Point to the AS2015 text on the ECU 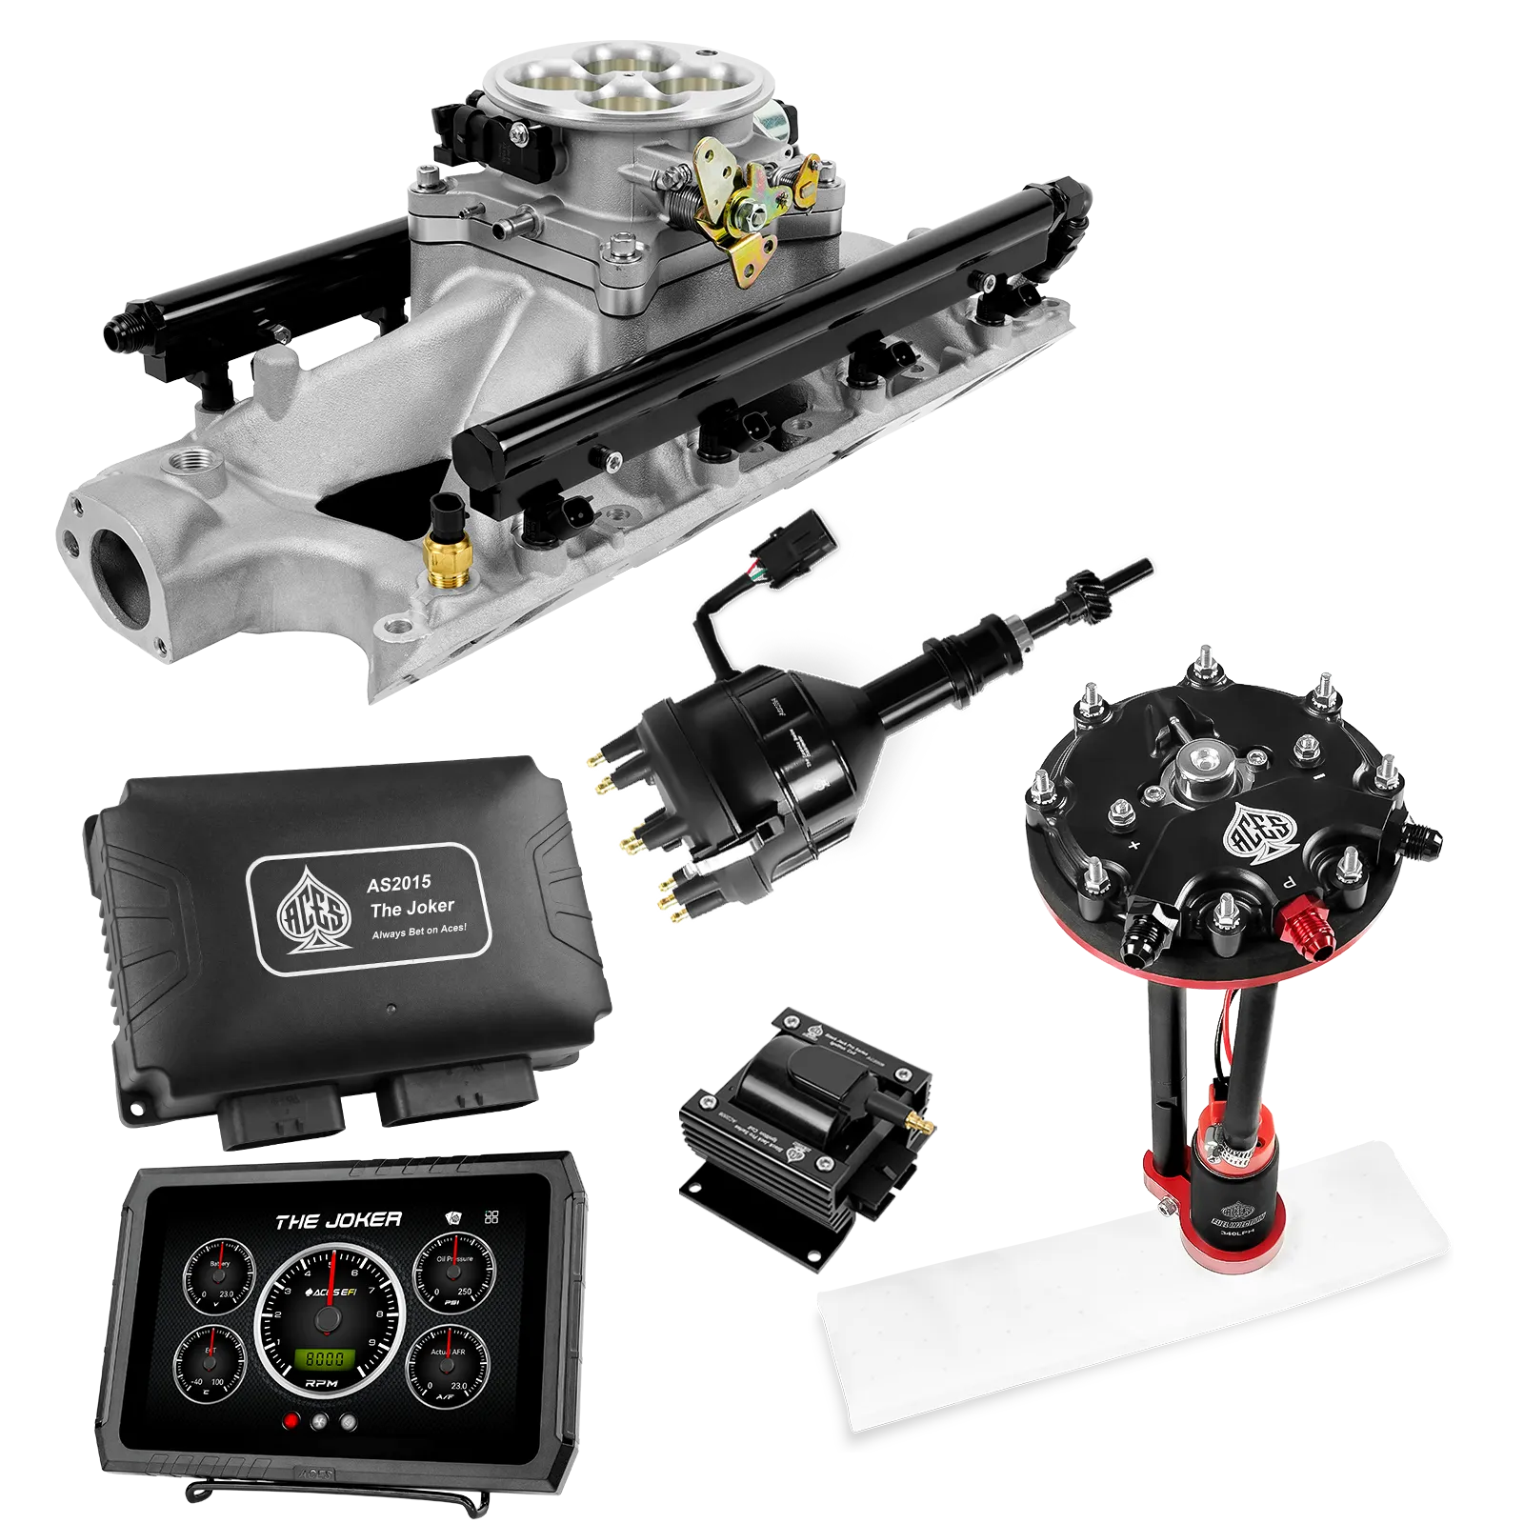click(398, 883)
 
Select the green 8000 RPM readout click(324, 1359)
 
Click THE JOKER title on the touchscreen click(338, 1220)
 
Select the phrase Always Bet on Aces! click(419, 931)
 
